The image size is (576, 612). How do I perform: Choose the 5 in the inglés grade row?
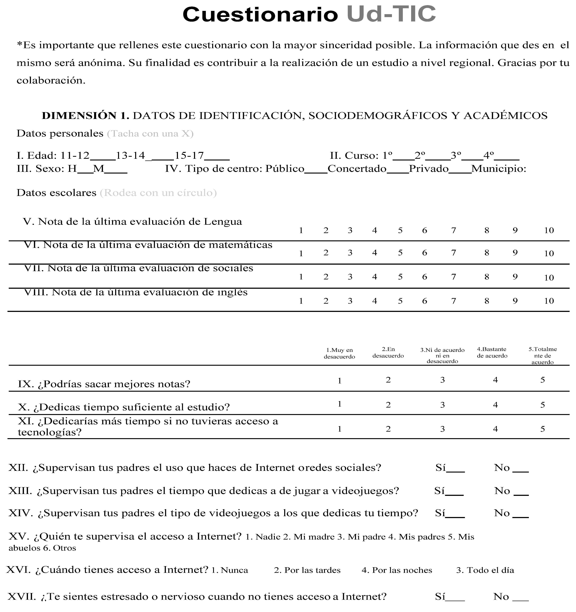(x=400, y=301)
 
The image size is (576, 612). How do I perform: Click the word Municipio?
(x=499, y=169)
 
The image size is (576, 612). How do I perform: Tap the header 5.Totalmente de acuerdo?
(x=542, y=356)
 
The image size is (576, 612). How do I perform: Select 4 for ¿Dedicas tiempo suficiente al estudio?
(x=495, y=405)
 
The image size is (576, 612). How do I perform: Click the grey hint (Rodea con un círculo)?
(x=158, y=193)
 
